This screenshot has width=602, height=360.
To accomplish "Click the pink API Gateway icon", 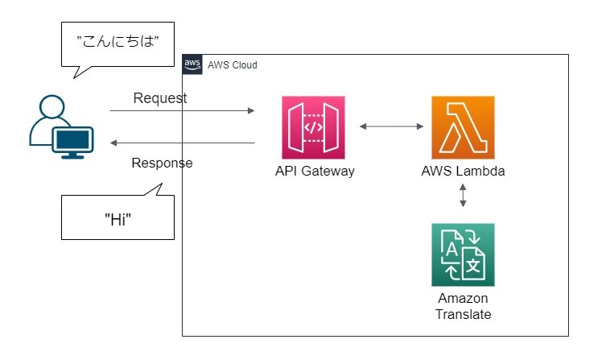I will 314,127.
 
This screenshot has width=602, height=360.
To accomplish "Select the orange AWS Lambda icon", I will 463,127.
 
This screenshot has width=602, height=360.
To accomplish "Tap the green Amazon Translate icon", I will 463,254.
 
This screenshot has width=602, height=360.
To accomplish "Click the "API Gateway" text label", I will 314,172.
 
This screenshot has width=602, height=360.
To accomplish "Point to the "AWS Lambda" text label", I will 463,172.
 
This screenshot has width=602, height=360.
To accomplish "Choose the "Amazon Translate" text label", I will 463,306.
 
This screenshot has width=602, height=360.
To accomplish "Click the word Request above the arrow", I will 159,98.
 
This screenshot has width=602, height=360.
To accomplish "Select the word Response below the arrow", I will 162,163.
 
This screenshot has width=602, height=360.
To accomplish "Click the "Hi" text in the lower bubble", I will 118,220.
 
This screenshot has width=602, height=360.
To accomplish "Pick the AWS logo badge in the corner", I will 192,64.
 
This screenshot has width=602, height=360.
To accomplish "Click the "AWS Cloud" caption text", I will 233,65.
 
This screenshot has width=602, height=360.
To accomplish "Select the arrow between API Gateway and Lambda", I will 391,126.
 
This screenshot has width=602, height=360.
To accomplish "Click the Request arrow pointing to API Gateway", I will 182,111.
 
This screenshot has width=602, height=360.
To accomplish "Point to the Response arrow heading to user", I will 182,143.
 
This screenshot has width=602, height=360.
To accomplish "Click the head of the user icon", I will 50,107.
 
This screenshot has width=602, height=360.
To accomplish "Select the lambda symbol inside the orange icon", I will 463,127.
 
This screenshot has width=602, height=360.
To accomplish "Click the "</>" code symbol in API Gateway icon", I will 314,127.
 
